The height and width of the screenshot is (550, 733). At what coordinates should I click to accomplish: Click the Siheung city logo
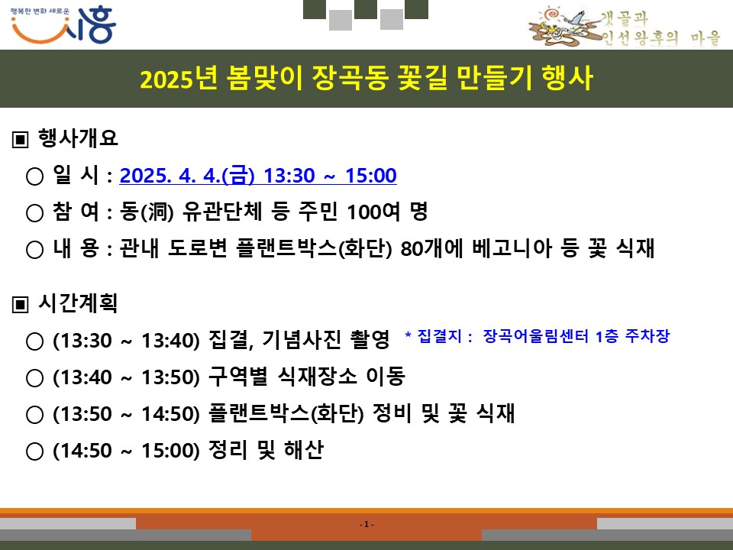point(63,25)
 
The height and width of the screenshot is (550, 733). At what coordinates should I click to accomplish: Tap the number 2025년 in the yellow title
point(179,78)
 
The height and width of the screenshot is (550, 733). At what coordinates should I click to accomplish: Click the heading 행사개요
point(78,138)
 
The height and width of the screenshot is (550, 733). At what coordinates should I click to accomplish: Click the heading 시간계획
point(78,303)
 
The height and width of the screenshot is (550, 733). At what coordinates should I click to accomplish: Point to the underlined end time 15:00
point(371,176)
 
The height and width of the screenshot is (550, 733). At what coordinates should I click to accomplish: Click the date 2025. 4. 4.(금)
point(187,176)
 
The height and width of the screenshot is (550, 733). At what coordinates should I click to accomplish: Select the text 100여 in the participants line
point(373,212)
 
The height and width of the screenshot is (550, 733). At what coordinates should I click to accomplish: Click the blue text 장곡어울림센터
point(536,336)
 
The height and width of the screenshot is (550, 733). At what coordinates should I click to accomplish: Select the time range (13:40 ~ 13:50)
point(127,377)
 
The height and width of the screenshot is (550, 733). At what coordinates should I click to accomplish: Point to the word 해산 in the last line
point(303,450)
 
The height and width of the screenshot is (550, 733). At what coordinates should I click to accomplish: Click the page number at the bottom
point(366,524)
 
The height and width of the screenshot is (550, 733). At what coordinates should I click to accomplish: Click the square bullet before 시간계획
point(20,305)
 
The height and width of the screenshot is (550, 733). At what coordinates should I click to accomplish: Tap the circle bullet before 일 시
point(34,176)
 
